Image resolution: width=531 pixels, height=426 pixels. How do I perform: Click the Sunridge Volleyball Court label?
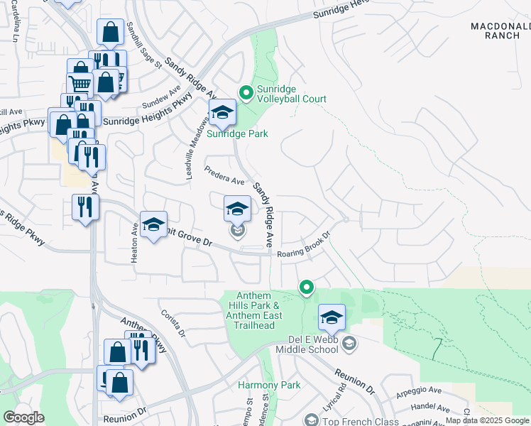click(287, 94)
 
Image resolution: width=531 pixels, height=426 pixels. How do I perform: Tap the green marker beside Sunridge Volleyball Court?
click(246, 92)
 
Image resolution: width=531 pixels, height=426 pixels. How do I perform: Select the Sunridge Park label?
click(237, 133)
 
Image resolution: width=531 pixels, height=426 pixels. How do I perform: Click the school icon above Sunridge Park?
click(222, 112)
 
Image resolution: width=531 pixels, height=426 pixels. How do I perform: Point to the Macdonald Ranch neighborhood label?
click(500, 31)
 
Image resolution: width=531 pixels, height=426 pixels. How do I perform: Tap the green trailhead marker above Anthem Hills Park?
click(307, 287)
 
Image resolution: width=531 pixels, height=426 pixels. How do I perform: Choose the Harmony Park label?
click(269, 386)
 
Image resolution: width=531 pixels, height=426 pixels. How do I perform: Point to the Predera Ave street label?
click(224, 176)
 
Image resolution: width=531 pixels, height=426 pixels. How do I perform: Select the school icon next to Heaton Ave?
click(153, 226)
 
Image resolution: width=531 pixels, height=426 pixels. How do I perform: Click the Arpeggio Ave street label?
click(419, 391)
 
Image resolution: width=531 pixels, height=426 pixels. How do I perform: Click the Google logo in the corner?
click(23, 417)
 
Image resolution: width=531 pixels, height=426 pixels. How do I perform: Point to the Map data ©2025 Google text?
click(487, 420)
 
